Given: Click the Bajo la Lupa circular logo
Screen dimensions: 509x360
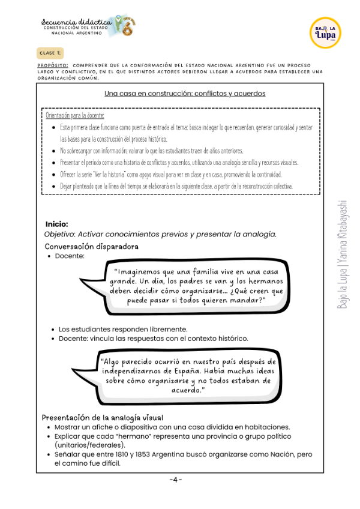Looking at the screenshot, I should pos(326,32).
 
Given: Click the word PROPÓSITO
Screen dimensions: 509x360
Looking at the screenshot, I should pos(52,66).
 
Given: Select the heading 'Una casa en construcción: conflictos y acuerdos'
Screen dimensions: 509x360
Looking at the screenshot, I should pos(185,94).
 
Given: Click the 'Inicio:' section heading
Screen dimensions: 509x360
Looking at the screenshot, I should pos(56,224).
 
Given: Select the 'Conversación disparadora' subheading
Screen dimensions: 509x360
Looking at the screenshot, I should pos(91,246).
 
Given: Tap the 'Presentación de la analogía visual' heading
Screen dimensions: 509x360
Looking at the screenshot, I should pos(102,417).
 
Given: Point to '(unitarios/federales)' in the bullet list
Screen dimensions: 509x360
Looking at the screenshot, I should pos(89,445).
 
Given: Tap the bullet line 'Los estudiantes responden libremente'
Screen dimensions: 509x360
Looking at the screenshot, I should pos(122,329).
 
